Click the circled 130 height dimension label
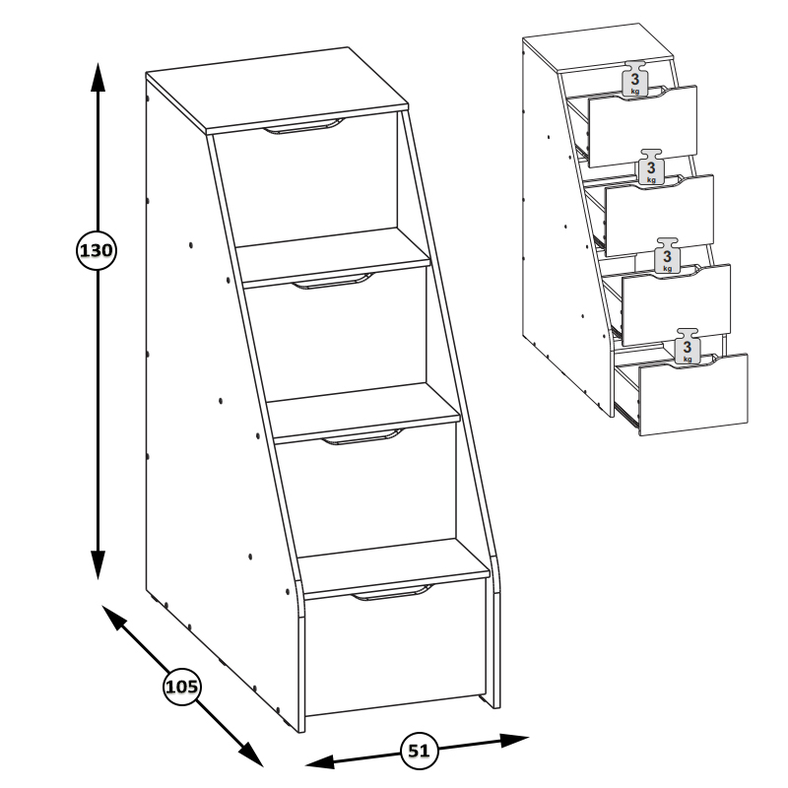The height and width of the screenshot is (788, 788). (97, 250)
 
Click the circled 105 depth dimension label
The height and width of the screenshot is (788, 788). (182, 686)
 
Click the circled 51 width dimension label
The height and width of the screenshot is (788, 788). (420, 751)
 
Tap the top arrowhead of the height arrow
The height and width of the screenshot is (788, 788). (98, 77)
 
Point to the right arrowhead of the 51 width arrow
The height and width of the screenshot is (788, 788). (514, 740)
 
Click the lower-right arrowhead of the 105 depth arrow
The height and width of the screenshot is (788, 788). (250, 754)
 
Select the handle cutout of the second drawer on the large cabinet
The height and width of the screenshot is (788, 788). (333, 282)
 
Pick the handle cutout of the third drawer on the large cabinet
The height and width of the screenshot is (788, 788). (362, 437)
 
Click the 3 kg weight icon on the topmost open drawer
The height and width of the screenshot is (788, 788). (634, 79)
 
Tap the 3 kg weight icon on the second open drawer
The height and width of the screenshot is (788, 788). (651, 166)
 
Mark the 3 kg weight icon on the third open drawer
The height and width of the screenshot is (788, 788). (667, 256)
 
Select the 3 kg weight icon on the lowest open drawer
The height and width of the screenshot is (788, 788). (687, 347)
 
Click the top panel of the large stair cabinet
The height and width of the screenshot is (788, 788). (278, 91)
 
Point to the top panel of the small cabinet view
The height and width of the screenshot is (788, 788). (598, 47)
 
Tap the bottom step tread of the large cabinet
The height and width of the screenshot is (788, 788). (393, 567)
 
